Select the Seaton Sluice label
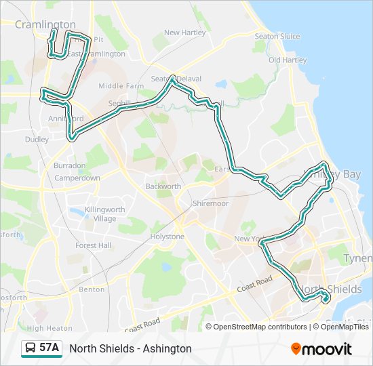tap(277, 36)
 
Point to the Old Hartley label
tap(288, 60)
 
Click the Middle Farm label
tap(121, 86)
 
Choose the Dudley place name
tap(37, 140)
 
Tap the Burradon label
tap(70, 165)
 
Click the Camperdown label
tap(77, 178)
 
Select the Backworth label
tap(163, 186)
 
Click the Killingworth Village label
tap(100, 214)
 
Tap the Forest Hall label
tap(94, 245)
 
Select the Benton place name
tap(92, 289)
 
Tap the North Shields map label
tap(331, 289)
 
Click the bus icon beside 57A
tap(31, 348)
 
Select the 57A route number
tap(49, 348)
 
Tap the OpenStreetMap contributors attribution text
tap(260, 327)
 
